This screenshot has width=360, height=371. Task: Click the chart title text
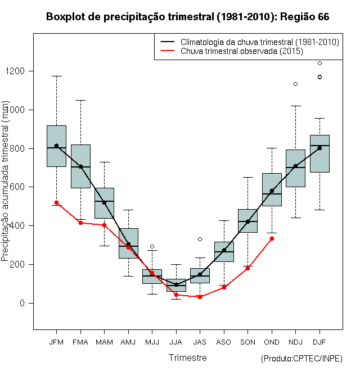pos(187,17)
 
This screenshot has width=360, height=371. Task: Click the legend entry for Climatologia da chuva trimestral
pos(259,42)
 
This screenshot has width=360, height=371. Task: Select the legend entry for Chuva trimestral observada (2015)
pos(242,51)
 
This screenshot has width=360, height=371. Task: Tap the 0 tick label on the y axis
pos(23,304)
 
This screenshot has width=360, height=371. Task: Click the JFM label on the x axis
pos(56,341)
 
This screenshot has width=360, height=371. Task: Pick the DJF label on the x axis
pos(319,341)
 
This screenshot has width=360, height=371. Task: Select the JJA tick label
pos(176,341)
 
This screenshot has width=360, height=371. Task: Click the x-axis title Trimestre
pos(187,358)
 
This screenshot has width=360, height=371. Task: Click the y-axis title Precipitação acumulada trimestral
pos(6,182)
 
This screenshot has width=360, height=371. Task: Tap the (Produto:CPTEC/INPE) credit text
pos(301,359)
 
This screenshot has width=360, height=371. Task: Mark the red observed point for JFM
pos(56,202)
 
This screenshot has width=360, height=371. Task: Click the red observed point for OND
pos(272,238)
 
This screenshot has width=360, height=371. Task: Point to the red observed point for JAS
pos(200,297)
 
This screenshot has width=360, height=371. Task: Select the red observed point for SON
pos(247,268)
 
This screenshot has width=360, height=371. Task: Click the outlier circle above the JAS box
pos(200,239)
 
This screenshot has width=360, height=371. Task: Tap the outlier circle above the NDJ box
pos(295,84)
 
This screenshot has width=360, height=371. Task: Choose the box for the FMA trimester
pos(80,166)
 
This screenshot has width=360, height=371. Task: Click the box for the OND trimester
pos(272,189)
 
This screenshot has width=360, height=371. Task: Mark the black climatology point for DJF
pos(319,148)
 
